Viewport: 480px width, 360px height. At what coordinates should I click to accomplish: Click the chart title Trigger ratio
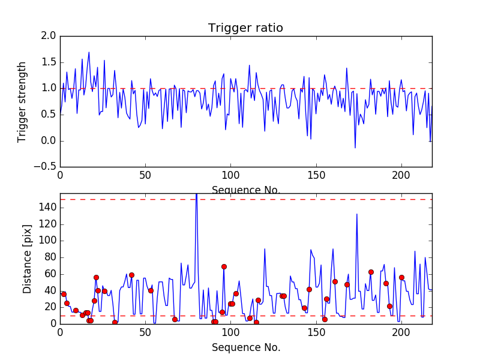point(245,28)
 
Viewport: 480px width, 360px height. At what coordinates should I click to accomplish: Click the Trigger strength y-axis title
point(22,101)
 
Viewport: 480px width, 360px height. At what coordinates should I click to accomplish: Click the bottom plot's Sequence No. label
point(245,347)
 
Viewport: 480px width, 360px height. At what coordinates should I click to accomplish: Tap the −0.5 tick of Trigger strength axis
point(46,167)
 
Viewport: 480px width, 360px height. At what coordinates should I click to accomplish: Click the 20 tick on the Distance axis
point(49,307)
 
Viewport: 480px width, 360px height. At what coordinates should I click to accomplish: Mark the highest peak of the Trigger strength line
point(89,52)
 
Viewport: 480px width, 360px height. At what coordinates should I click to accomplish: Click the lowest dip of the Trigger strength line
point(355,148)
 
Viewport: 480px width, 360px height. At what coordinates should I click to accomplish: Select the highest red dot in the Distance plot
point(224,266)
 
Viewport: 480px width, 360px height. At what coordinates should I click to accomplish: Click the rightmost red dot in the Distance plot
point(401,277)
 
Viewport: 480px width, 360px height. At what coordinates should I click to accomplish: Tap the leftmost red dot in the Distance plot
point(64,294)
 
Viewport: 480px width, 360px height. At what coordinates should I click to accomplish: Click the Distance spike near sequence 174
point(357,214)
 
